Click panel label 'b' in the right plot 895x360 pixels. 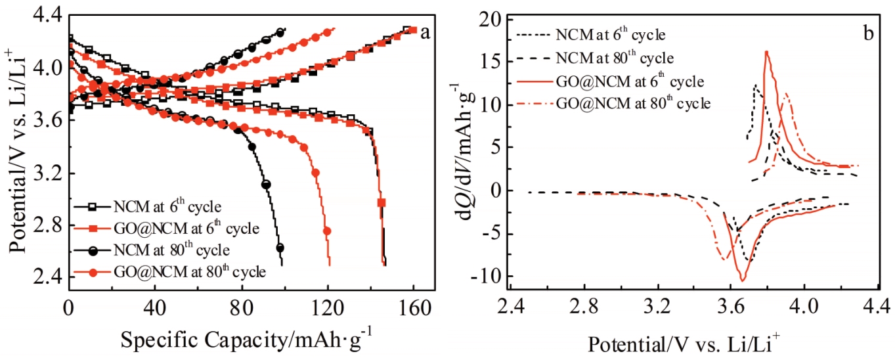(868, 32)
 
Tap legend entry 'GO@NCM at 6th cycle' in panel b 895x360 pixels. (630, 81)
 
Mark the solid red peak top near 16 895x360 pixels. (766, 52)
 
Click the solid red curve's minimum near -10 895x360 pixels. (743, 281)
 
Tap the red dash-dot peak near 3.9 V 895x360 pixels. (786, 93)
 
